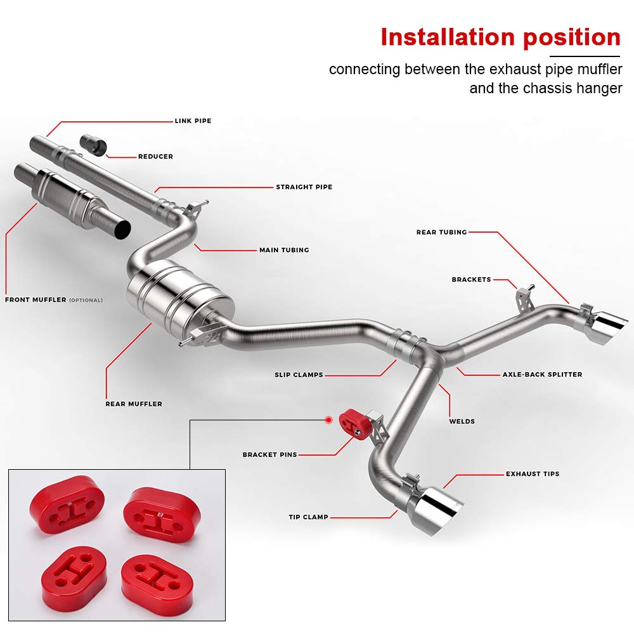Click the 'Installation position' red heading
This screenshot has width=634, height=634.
pos(500,37)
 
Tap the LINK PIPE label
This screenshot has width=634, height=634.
pos(193,120)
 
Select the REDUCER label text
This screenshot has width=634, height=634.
pos(155,156)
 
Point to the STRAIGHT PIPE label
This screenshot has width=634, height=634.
pos(304,187)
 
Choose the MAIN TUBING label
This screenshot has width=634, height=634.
pos(284,250)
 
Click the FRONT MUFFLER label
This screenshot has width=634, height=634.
pos(36,300)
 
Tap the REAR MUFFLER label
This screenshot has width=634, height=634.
pos(134,404)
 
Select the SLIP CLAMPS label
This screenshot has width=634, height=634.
pos(299,375)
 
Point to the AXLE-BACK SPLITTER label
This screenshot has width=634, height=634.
pos(542,375)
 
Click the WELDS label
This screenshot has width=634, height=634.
pos(462,421)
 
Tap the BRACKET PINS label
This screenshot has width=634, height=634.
pos(269,455)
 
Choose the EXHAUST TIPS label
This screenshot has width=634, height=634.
pos(533,474)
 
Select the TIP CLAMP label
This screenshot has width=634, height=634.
pos(308,517)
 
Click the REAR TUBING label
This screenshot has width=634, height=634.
pos(441,232)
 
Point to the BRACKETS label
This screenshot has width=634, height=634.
pos(471,280)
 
